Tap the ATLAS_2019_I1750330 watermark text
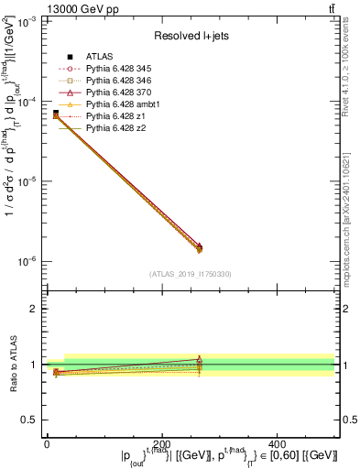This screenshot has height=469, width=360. (190, 274)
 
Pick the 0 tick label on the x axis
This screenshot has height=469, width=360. (47, 443)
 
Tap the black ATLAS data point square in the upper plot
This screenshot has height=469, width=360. (56, 113)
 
